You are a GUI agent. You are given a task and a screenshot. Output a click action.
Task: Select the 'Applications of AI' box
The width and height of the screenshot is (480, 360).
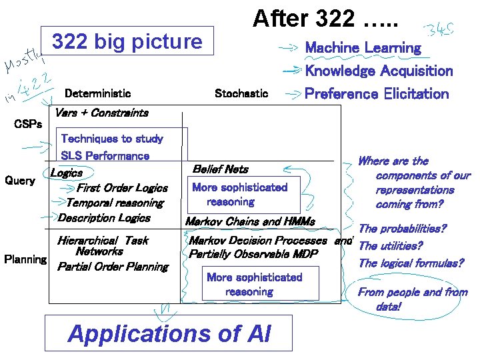(169, 333)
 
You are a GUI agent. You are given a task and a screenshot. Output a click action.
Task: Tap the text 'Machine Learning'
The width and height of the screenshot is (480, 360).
(363, 48)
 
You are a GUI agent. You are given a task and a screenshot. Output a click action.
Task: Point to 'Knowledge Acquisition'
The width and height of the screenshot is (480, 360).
(379, 71)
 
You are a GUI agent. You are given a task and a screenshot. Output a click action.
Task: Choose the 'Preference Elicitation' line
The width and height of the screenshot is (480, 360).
(377, 93)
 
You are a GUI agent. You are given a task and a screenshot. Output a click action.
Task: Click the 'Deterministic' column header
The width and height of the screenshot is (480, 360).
(97, 93)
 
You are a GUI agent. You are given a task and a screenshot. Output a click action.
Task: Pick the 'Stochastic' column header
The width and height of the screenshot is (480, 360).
(241, 93)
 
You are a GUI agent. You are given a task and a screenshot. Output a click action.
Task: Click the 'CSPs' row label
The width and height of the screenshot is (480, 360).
(28, 124)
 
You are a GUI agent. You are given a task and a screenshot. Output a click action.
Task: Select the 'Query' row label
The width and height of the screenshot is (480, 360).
(20, 181)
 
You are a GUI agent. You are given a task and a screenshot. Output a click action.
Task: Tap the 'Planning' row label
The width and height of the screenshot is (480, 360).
(25, 259)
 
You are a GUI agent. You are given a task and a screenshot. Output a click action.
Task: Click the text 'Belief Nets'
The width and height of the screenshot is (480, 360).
(220, 169)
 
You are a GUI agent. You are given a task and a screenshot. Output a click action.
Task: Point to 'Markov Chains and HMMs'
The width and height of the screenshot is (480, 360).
(250, 221)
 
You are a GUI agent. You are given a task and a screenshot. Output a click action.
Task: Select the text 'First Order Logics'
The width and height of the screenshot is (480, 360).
(123, 188)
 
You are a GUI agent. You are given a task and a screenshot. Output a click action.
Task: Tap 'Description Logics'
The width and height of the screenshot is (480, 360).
(104, 217)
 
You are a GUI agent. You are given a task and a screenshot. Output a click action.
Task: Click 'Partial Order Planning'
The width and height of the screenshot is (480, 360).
(113, 267)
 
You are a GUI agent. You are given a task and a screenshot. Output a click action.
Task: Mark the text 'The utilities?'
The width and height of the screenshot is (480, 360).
(391, 246)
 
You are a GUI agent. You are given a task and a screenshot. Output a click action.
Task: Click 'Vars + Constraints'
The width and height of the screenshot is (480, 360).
(101, 113)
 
